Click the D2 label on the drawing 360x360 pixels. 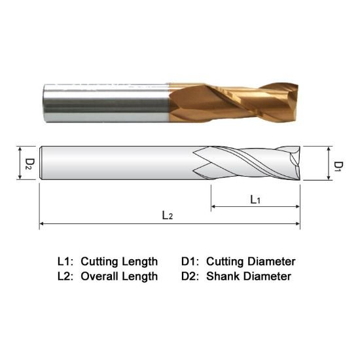click(29, 162)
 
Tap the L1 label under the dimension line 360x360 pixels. click(255, 200)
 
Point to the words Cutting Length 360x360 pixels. click(119, 261)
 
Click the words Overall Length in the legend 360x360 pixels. click(119, 276)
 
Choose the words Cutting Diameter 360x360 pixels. click(251, 261)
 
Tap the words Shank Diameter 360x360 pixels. click(248, 276)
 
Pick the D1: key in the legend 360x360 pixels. click(191, 261)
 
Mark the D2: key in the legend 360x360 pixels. click(191, 276)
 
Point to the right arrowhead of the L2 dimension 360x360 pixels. click(298, 224)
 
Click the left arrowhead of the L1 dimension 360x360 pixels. click(213, 207)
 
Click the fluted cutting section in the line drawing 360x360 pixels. click(249, 162)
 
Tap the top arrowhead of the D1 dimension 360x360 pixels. click(327, 149)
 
